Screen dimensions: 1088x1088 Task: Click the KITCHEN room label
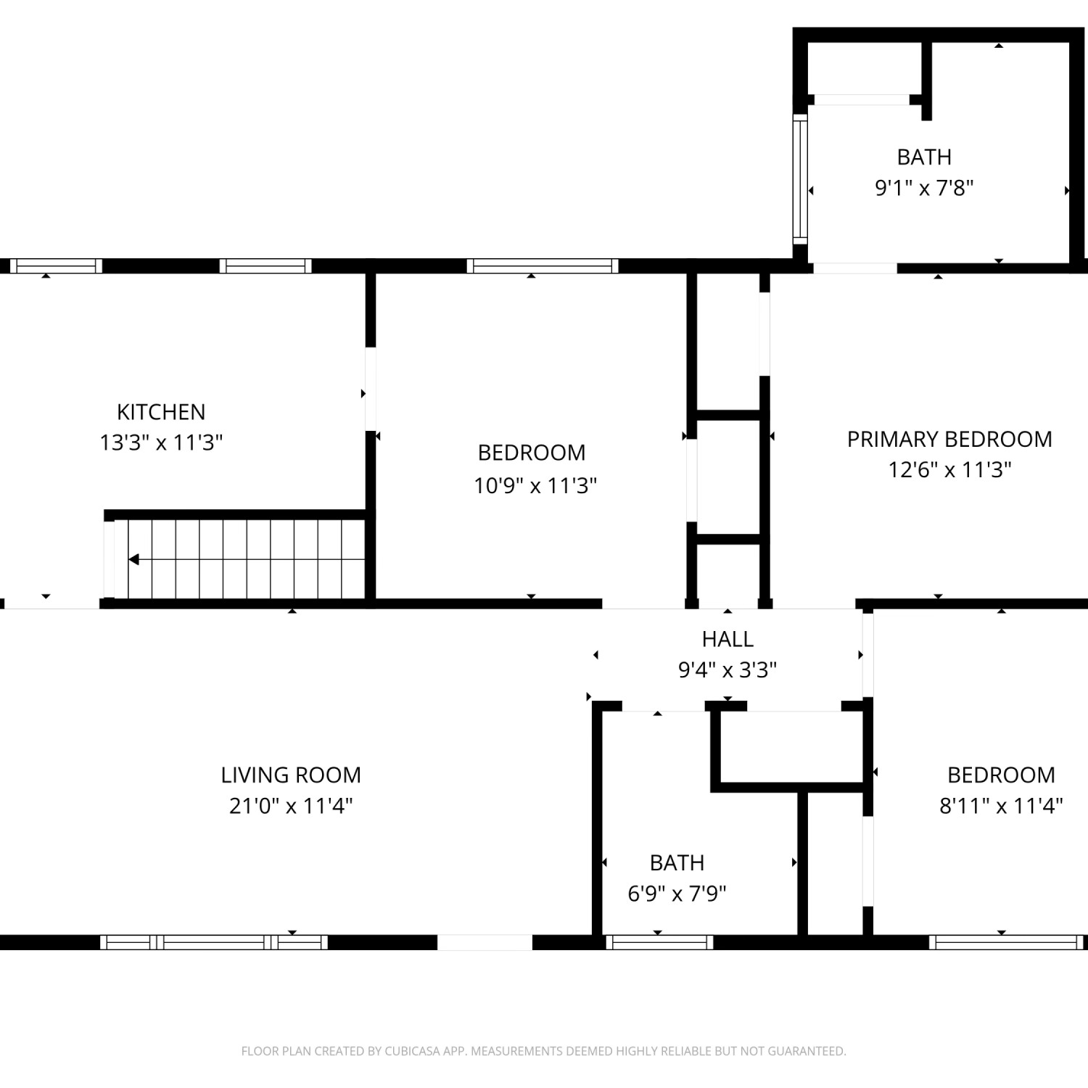(161, 412)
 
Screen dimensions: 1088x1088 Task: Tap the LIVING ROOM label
(291, 775)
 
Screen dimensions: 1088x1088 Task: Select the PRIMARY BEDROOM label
(949, 439)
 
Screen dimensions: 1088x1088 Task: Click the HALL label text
(728, 639)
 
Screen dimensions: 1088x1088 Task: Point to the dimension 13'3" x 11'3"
(161, 442)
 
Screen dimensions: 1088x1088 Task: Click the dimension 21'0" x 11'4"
(291, 806)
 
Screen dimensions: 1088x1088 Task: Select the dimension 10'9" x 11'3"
(535, 485)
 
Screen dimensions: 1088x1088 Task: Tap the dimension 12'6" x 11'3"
(949, 470)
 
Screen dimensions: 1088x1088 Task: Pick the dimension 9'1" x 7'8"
(924, 188)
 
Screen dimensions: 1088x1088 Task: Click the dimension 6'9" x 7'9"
(677, 894)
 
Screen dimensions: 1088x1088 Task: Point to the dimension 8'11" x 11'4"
(1001, 806)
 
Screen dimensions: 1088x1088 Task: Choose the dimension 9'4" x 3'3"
(728, 669)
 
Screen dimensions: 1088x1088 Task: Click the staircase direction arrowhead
(133, 559)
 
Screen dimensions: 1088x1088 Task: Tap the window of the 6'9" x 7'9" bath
(659, 942)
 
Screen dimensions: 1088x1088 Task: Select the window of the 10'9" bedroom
(543, 265)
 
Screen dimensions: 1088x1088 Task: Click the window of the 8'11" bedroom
(1007, 942)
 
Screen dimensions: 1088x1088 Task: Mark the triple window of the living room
(213, 942)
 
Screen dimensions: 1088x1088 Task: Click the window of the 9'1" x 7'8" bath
(800, 178)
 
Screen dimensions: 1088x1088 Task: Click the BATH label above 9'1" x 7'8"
(924, 157)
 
